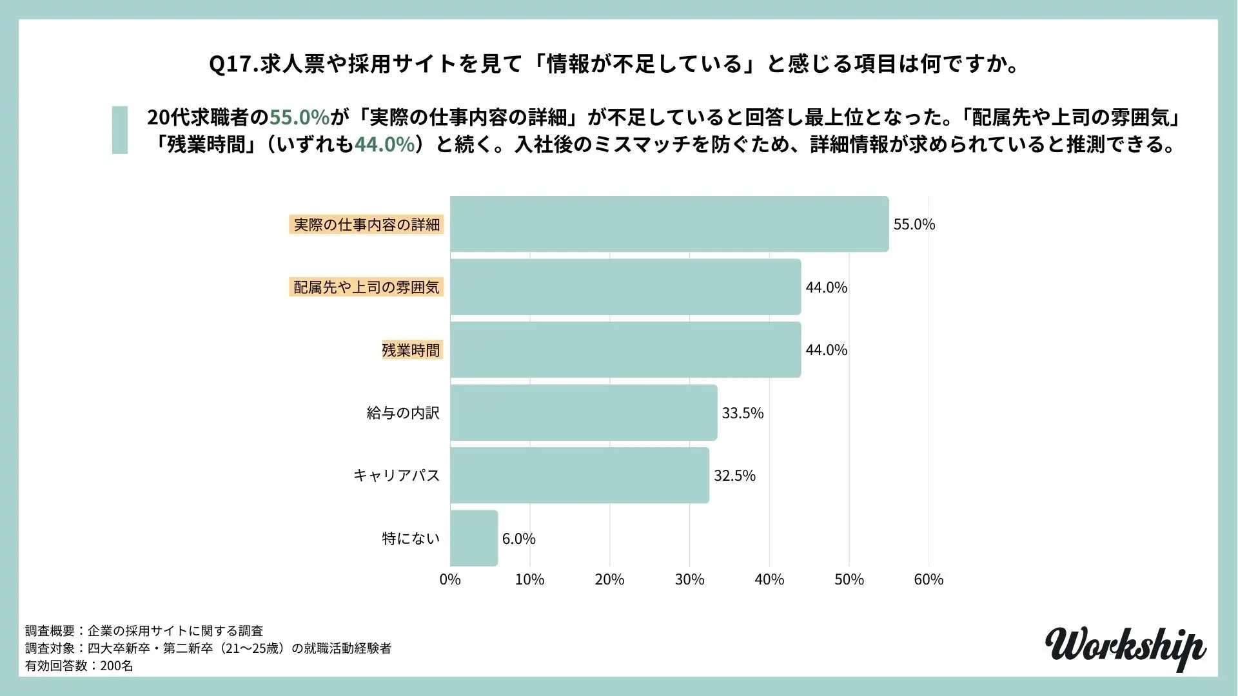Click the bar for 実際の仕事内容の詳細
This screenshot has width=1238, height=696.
click(669, 224)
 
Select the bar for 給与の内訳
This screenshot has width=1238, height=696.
click(584, 412)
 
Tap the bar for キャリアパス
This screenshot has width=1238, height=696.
click(579, 475)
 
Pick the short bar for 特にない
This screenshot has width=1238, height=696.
click(474, 538)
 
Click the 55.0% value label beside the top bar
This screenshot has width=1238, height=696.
click(914, 224)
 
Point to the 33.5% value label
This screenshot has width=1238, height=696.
click(742, 413)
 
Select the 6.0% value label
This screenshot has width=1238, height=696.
click(518, 539)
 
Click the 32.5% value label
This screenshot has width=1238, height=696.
click(734, 476)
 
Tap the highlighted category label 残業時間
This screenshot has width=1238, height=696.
click(411, 350)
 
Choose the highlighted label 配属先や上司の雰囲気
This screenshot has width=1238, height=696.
click(366, 287)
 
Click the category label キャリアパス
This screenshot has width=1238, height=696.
click(397, 476)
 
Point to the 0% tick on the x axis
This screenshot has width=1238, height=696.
click(450, 579)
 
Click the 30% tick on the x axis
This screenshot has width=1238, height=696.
click(689, 579)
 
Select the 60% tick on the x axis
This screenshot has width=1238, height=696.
click(928, 579)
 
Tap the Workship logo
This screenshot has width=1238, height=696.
click(1125, 648)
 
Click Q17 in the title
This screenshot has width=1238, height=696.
click(233, 65)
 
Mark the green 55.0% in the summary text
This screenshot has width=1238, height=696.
click(299, 117)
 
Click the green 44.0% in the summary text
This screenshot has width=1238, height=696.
click(384, 144)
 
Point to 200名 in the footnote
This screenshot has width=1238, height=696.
click(117, 666)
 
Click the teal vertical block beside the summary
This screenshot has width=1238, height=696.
click(120, 130)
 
